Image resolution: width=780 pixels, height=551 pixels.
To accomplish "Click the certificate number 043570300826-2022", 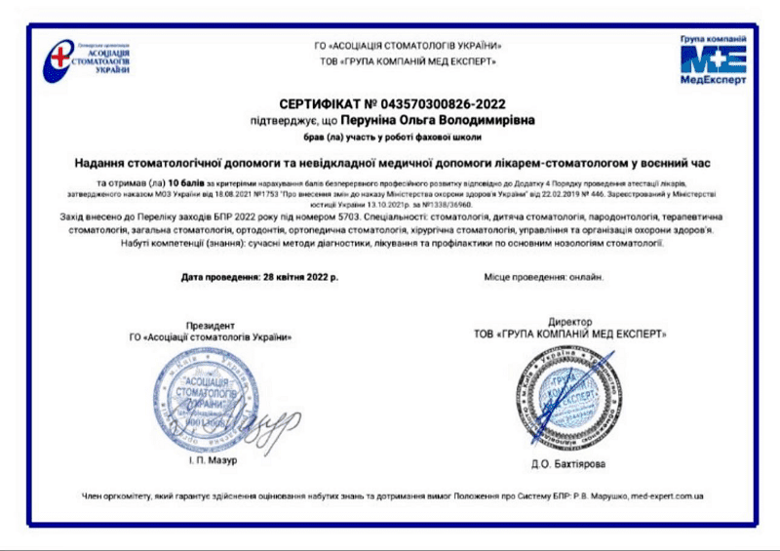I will [445, 102].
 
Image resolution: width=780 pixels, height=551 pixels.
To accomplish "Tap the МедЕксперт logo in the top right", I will [713, 60].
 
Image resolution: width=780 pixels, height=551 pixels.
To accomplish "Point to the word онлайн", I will [586, 277].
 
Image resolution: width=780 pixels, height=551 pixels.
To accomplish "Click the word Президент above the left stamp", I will [211, 325].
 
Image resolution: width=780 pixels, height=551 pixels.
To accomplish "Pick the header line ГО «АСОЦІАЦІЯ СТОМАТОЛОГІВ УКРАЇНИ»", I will [407, 45].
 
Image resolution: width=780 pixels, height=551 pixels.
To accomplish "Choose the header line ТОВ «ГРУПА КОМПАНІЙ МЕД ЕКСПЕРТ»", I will [407, 60].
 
